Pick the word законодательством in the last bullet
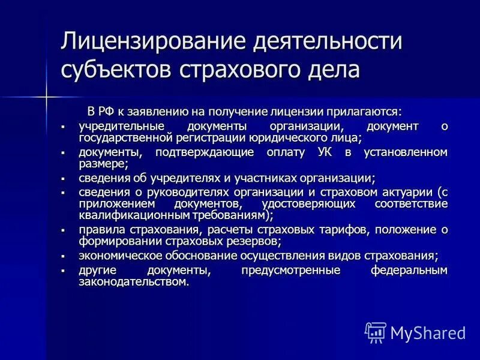click(x=133, y=281)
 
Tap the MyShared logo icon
click(x=376, y=332)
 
